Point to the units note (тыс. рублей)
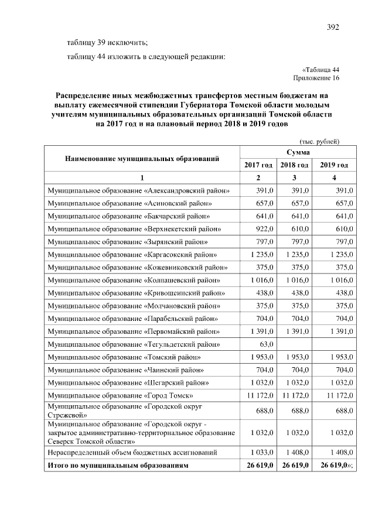tap(319, 141)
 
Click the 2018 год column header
tap(295, 165)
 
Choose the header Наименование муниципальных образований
tap(142, 158)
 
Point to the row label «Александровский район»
tap(138, 190)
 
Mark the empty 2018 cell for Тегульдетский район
tap(295, 344)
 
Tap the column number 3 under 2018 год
tap(295, 177)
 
